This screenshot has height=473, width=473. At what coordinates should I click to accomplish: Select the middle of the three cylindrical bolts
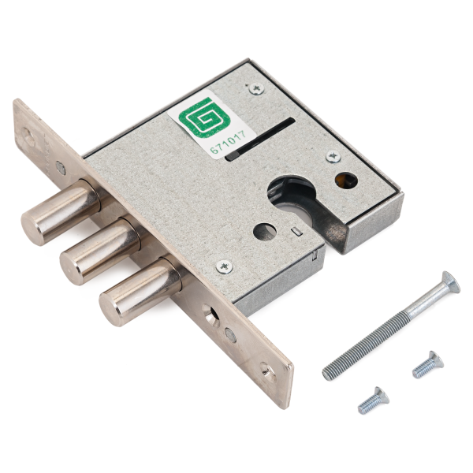coord(100,251)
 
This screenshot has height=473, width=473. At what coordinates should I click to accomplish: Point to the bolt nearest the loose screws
coord(140,292)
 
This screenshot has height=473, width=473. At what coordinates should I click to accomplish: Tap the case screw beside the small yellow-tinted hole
coord(333,157)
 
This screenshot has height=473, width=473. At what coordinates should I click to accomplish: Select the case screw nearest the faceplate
coord(225,266)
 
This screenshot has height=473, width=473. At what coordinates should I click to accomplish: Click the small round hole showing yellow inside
coord(346,180)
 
